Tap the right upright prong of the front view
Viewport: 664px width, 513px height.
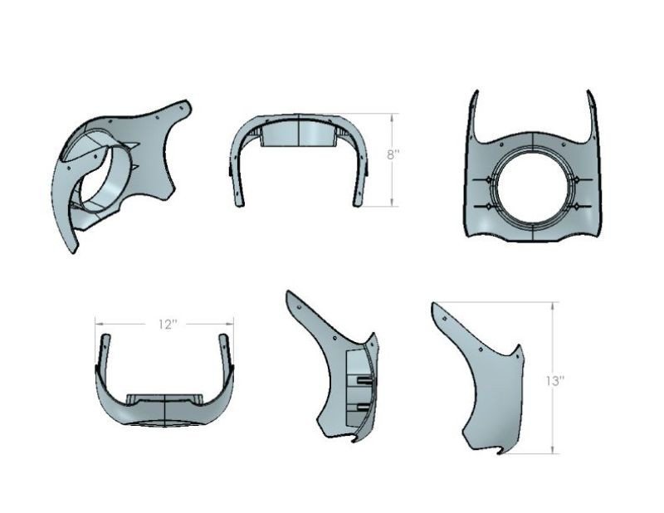tap(592, 116)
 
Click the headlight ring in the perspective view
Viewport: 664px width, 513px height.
tap(108, 178)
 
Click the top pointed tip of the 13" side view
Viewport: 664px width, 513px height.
tap(435, 306)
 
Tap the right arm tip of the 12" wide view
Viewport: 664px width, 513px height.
tap(223, 340)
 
